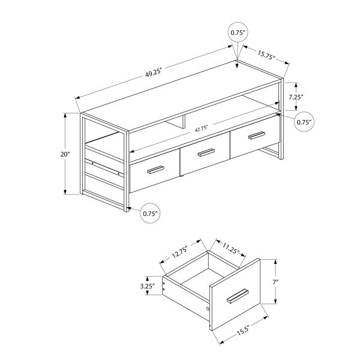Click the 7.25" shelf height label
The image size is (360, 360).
(297, 97)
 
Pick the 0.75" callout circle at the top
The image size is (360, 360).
(238, 33)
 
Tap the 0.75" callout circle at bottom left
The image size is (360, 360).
(150, 212)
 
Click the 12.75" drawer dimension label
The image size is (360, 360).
(178, 254)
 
